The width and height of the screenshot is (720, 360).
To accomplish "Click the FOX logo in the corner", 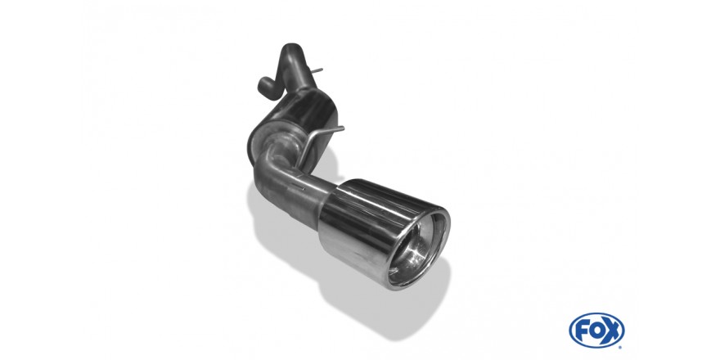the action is point(596,331).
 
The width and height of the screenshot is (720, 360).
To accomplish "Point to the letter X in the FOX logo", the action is point(613,331).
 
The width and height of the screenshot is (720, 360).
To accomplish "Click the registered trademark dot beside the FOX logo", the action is point(620,346).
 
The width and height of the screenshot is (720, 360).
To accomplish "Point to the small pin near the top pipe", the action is point(317,70).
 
